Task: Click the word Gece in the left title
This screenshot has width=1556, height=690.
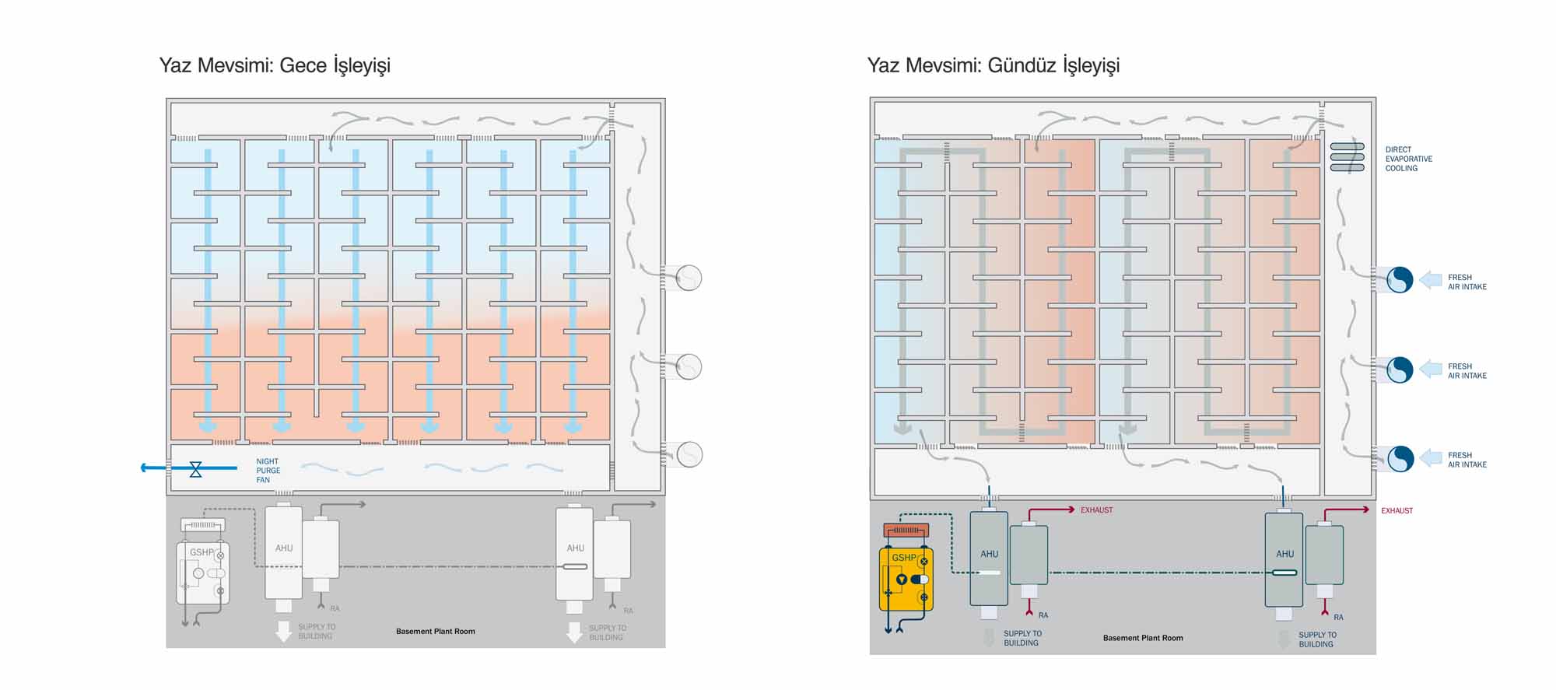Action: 303,65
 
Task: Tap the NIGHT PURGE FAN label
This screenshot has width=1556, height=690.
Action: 268,471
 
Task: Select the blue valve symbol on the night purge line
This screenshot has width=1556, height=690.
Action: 195,468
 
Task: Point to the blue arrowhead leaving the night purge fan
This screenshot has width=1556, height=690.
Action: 145,468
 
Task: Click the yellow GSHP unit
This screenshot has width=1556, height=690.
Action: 906,579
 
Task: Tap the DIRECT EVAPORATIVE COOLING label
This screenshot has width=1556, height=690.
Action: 1408,159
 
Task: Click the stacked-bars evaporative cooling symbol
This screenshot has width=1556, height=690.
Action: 1347,157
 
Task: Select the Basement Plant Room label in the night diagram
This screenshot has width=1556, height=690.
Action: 435,631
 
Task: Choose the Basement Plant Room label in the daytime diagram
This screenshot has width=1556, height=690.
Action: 1143,638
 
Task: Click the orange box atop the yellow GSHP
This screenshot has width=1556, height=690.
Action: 906,531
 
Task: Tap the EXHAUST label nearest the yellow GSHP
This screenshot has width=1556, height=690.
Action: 1096,510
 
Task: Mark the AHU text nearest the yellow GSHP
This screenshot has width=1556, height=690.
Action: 989,554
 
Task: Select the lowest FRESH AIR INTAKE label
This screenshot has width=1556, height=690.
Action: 1467,460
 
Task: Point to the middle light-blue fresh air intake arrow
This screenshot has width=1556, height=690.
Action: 1431,369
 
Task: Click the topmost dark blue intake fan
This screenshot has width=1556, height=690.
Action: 1399,279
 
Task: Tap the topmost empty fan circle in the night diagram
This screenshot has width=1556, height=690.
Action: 689,278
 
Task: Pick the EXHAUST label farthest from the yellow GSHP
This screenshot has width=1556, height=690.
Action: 1397,511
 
